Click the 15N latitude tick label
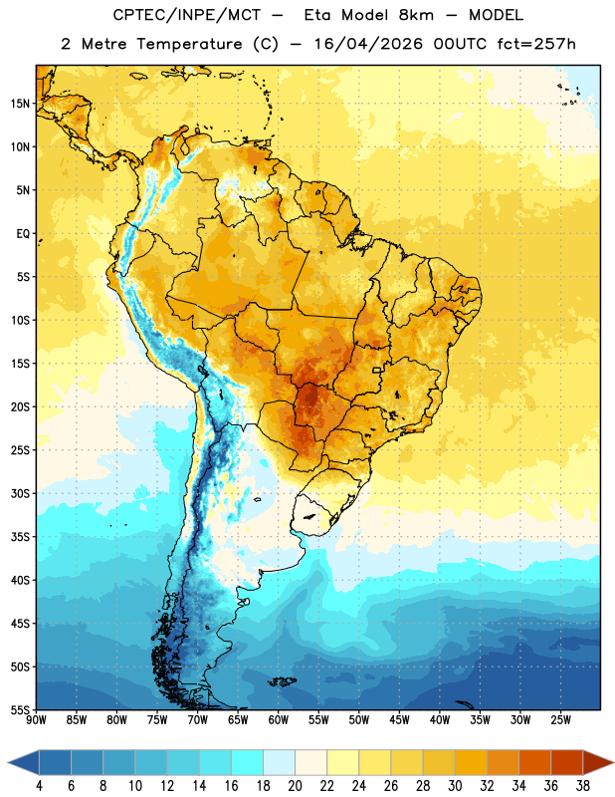(x=20, y=104)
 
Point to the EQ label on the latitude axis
(x=23, y=234)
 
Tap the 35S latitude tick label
(x=20, y=537)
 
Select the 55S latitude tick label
(x=20, y=710)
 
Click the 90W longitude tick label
(x=36, y=720)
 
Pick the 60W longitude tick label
(x=279, y=720)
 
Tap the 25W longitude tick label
(x=560, y=720)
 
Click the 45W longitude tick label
(x=399, y=720)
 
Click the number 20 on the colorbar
(x=295, y=786)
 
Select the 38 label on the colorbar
(x=583, y=786)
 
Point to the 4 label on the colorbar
(x=39, y=786)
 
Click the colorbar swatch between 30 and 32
(x=471, y=763)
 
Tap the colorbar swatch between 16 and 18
(x=247, y=763)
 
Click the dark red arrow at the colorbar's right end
(x=598, y=763)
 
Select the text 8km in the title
(x=416, y=15)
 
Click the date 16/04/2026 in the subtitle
(x=368, y=44)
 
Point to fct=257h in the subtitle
(x=536, y=44)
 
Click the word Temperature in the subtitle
(x=189, y=45)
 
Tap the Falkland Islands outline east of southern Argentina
(x=282, y=681)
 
